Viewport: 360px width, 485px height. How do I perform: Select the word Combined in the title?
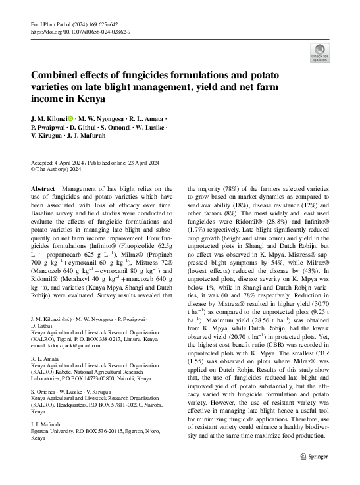click(56, 75)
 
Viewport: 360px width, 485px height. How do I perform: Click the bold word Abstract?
click(43, 189)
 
